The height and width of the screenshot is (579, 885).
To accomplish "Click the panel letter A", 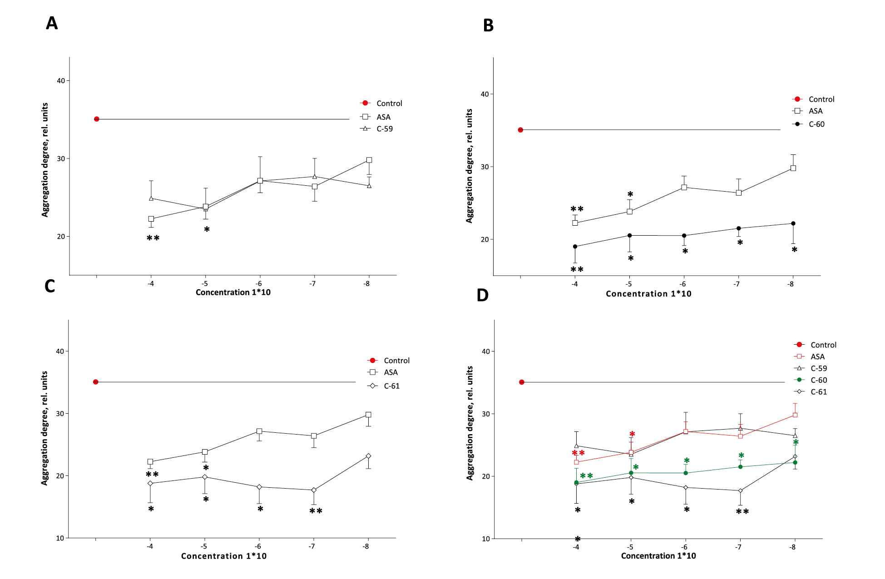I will (x=52, y=23).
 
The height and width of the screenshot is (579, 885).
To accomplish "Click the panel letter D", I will (x=482, y=295).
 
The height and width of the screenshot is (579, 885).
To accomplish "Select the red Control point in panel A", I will (x=97, y=119).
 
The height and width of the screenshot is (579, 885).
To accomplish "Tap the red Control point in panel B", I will (x=520, y=130).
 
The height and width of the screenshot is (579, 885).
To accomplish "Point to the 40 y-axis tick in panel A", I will (x=61, y=81).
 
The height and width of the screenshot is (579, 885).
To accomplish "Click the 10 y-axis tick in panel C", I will (x=60, y=538).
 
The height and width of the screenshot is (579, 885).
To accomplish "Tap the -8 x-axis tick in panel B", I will (x=791, y=284).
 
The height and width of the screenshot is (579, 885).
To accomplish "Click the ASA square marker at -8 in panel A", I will (x=369, y=160).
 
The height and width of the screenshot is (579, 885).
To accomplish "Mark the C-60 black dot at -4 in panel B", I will (x=575, y=247).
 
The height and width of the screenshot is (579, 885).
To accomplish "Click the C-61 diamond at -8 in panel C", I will (x=368, y=456).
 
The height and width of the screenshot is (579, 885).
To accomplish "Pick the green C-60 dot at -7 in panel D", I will (x=740, y=467).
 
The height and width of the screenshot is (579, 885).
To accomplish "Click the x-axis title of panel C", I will (x=224, y=556).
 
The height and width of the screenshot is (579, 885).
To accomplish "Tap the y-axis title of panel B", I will (x=469, y=166).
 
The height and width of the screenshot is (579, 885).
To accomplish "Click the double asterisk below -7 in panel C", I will (x=316, y=511).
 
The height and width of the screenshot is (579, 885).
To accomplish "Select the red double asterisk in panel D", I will (x=578, y=453).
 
